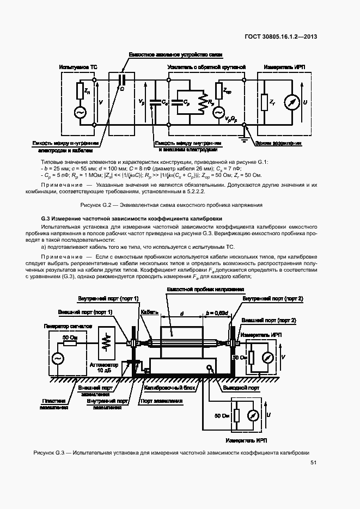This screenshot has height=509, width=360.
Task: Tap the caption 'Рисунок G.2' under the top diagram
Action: tap(172, 205)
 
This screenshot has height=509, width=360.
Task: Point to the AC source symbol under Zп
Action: tap(81, 113)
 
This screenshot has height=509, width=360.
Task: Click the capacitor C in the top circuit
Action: tap(122, 79)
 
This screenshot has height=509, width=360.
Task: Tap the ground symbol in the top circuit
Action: tap(245, 140)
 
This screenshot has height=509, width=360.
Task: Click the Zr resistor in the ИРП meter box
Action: tap(264, 102)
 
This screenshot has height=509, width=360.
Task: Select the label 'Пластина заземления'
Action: tap(54, 403)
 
